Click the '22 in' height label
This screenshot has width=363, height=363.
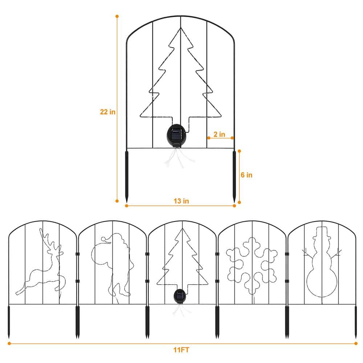(x=108, y=112)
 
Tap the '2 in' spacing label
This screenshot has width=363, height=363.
(x=219, y=134)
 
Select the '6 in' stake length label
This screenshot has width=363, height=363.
(x=246, y=175)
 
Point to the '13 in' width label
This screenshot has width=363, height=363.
(x=181, y=201)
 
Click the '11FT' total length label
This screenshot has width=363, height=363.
(x=181, y=350)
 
